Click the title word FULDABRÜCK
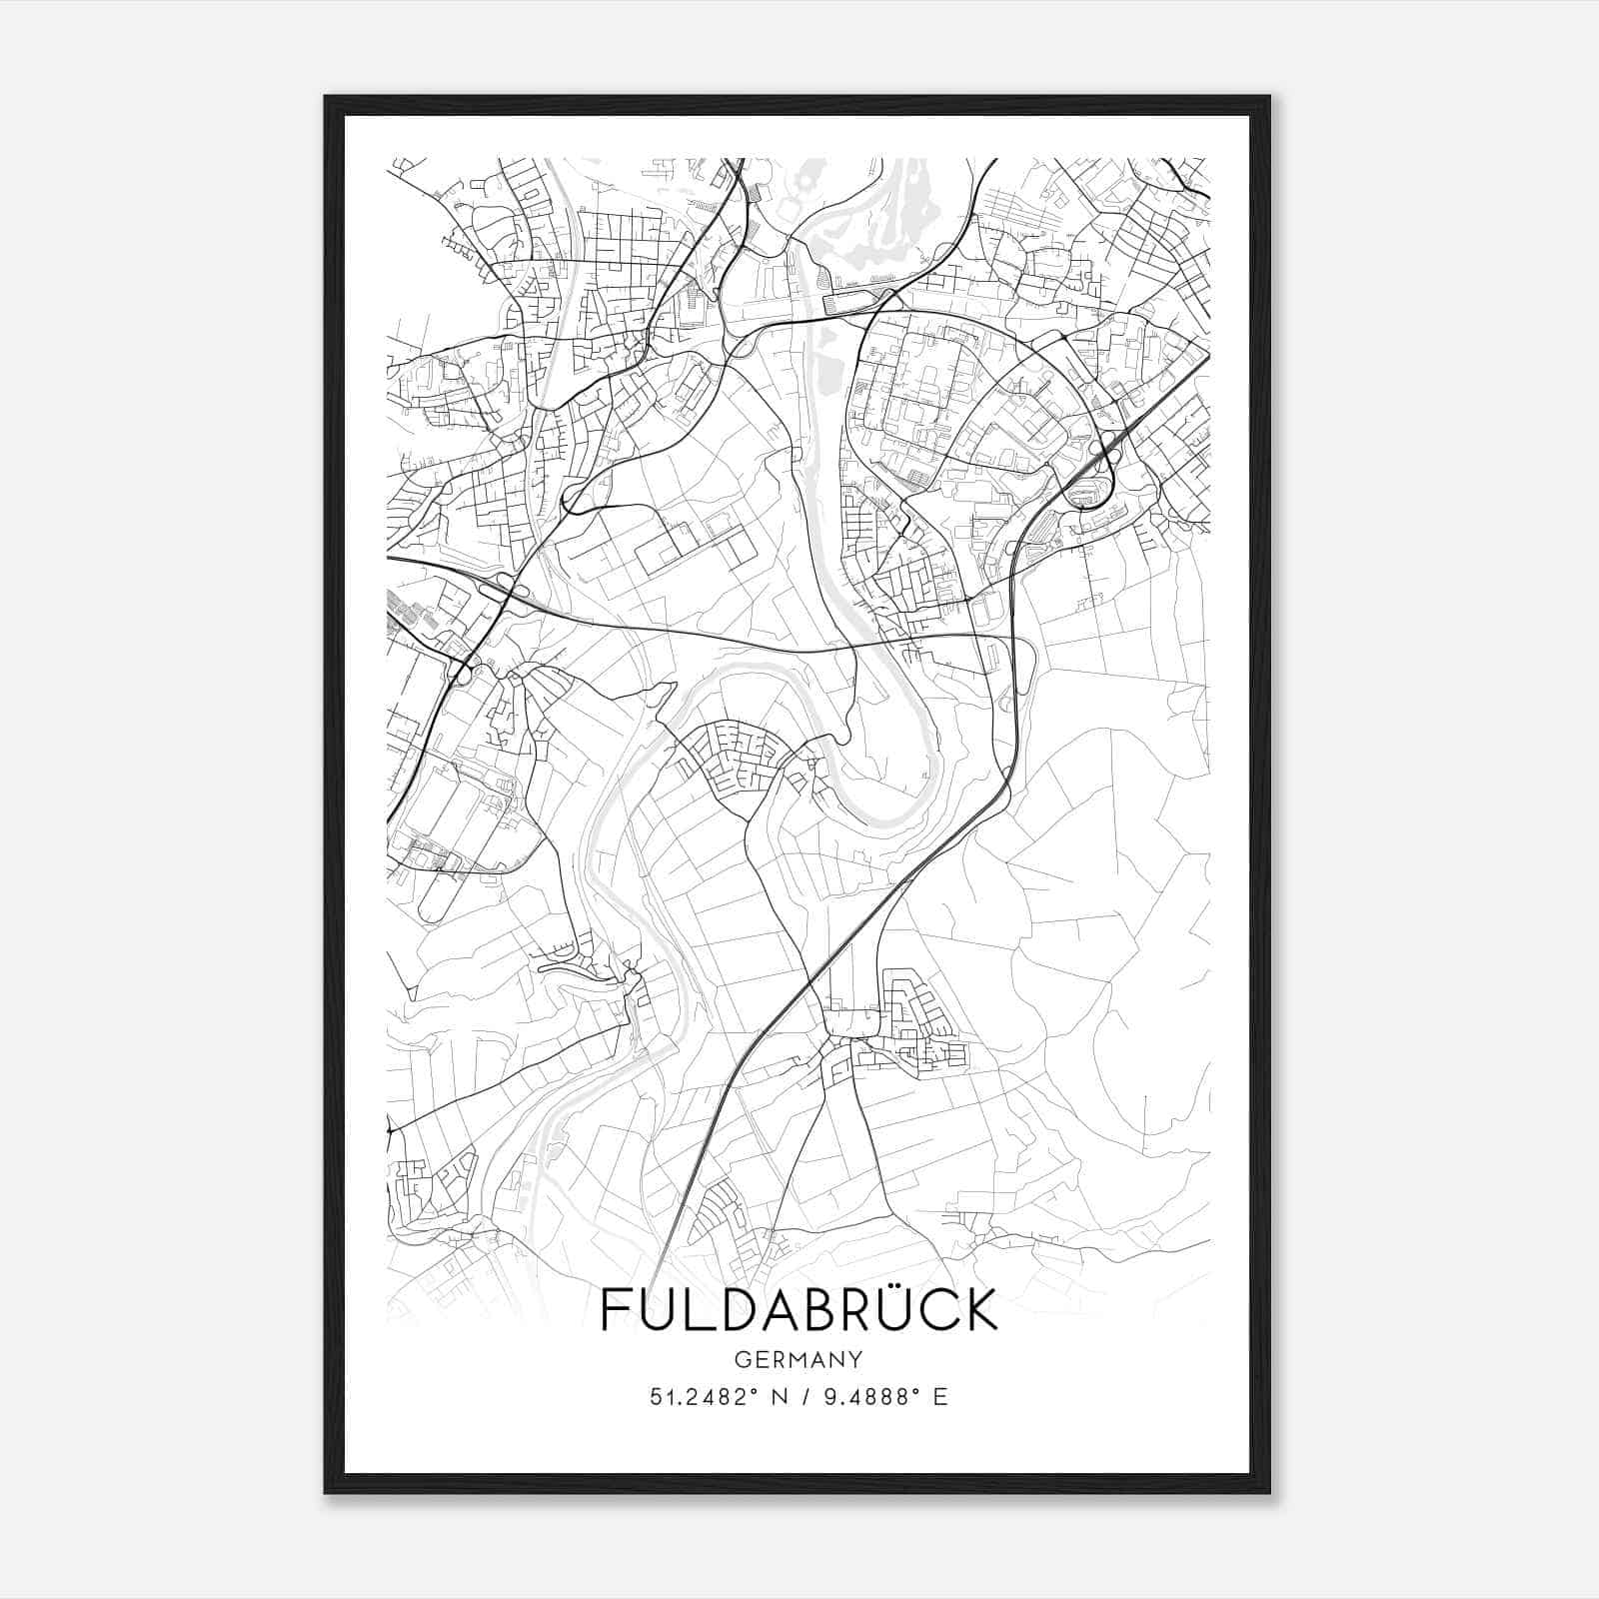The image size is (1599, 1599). (x=799, y=1310)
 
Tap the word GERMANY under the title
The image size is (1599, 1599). (x=799, y=1359)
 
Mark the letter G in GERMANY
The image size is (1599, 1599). (x=741, y=1359)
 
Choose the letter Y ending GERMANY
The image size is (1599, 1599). (x=856, y=1359)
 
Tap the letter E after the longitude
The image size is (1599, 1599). (x=939, y=1397)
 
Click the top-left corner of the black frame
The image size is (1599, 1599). (x=326, y=97)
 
